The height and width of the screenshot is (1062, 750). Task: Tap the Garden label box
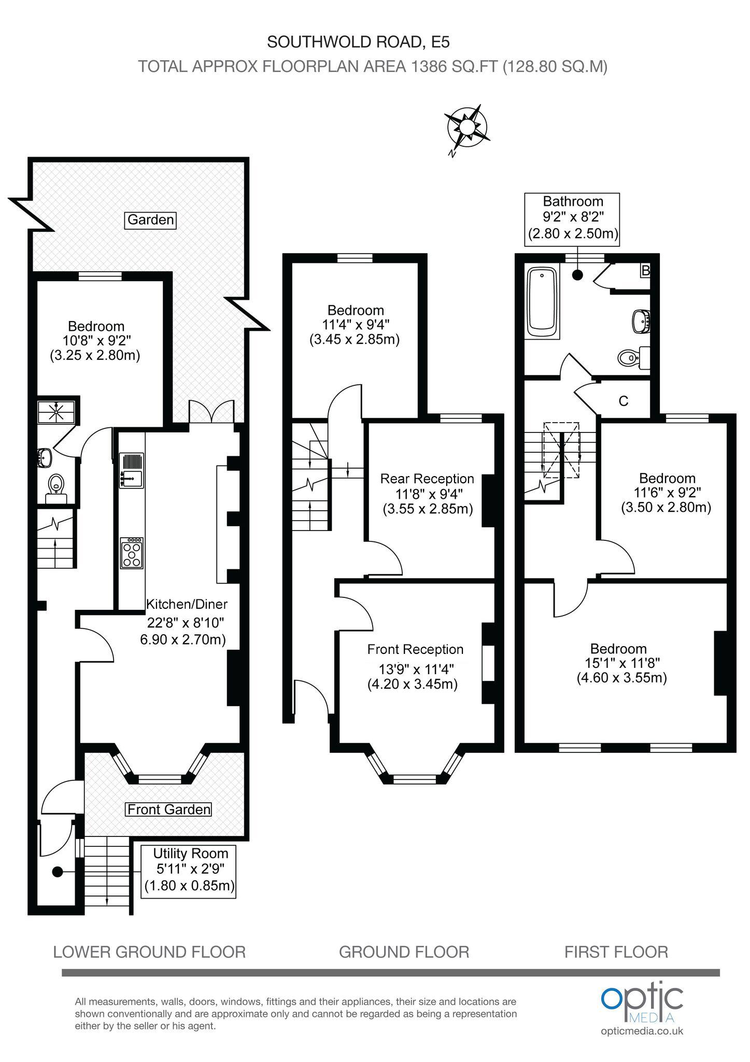pos(151,220)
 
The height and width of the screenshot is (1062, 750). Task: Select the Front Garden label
pos(169,809)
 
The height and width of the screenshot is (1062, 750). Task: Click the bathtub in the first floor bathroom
pos(542,303)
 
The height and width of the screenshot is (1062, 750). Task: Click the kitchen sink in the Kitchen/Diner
pos(132,471)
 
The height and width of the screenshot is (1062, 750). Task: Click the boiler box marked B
pos(645,271)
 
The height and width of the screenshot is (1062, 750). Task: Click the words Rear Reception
pos(427,478)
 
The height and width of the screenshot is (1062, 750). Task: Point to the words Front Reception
pos(415,649)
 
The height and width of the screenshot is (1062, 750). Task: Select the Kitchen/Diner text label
pos(187,604)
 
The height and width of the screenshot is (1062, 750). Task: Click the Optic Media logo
pos(643,1008)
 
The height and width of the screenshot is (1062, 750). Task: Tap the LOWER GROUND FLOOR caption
pos(149,952)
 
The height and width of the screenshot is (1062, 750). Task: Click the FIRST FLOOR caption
pos(616,952)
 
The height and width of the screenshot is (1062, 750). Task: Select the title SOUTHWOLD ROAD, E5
pos(358,41)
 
